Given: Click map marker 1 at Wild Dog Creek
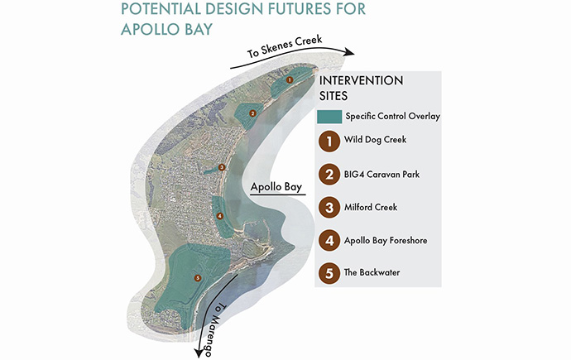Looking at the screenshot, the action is [x=290, y=79].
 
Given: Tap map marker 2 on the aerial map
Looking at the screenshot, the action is [x=252, y=113].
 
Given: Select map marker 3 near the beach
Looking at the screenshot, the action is [x=222, y=167].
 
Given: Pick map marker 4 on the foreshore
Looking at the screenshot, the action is [x=219, y=216].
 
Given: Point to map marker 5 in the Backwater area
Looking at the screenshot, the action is [x=198, y=278].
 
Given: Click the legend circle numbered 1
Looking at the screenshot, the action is [x=329, y=142].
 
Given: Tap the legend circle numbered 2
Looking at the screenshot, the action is [x=329, y=175].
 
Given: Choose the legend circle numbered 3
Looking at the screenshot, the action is [x=329, y=208].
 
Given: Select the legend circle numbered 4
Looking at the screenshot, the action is [x=329, y=241].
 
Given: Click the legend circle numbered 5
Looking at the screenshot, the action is [x=329, y=273].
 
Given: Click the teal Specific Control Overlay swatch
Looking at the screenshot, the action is [x=329, y=117].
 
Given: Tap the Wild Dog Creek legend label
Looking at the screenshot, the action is [x=375, y=139].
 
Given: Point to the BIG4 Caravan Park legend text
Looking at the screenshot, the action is [x=381, y=175].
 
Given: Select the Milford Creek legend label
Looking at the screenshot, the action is [x=371, y=207].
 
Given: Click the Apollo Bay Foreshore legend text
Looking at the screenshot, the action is [x=386, y=240].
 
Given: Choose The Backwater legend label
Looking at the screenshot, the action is [x=372, y=272].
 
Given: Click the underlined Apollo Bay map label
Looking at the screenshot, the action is [x=276, y=187].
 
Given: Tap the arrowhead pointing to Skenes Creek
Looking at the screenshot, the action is [x=348, y=52].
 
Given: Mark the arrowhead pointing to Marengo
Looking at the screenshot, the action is [x=198, y=352].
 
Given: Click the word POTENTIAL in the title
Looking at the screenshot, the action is [x=161, y=8].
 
